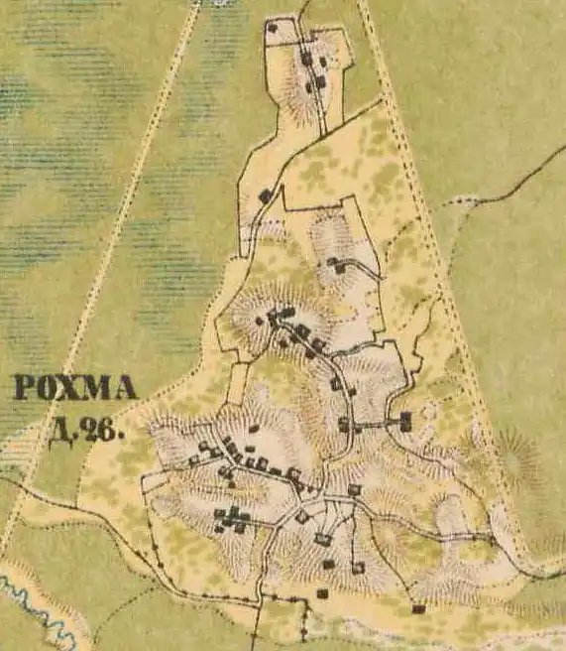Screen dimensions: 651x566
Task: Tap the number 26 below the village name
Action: click(101, 430)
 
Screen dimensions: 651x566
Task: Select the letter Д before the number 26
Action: click(61, 429)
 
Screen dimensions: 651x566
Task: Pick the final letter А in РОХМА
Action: click(125, 388)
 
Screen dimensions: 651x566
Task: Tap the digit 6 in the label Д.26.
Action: click(109, 430)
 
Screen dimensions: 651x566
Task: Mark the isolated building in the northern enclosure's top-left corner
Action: click(272, 28)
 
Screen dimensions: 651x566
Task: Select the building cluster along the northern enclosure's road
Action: click(315, 69)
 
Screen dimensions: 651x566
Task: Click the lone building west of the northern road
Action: click(265, 195)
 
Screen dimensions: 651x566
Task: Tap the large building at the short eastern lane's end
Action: click(405, 422)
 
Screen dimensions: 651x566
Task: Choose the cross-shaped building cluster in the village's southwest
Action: click(234, 518)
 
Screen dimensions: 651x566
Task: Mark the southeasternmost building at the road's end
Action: click(418, 608)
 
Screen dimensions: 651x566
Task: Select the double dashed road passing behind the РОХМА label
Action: click(94, 298)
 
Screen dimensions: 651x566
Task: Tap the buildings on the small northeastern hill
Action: click(337, 265)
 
